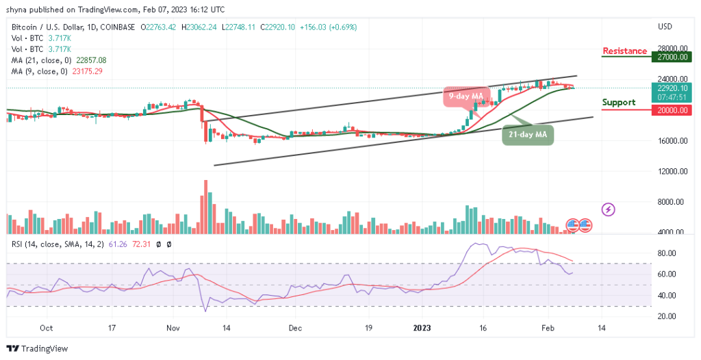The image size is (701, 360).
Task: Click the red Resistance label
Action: coord(624,51)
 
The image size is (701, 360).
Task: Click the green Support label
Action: coord(619,103)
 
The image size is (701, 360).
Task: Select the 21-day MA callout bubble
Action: coord(528,136)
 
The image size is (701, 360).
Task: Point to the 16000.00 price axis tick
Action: coord(673,141)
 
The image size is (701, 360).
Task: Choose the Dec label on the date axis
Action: coord(294,328)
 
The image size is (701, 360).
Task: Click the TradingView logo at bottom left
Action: coord(38,348)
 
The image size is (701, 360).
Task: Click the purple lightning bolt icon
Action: coord(607,209)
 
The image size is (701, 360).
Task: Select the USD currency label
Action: coord(665,27)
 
